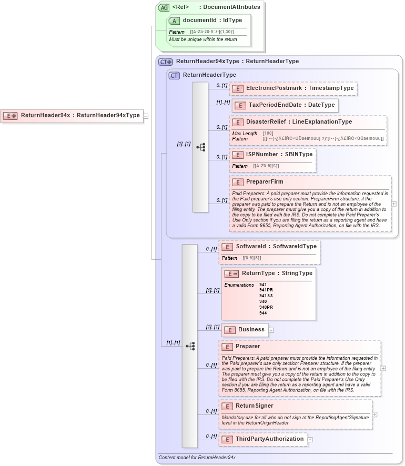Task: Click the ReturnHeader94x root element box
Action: coord(73,116)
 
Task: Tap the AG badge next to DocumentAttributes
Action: coord(164,7)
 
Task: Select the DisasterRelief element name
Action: coord(299,122)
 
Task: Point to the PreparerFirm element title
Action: coord(265,182)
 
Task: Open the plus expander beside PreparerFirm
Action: coord(394,204)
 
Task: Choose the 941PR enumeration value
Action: coord(266,290)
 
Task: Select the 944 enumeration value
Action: coord(264,313)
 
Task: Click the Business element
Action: coord(251,330)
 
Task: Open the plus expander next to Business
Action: coord(271,330)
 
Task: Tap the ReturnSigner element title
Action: coord(254,406)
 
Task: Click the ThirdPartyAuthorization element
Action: coord(269,439)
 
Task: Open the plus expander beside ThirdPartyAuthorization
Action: coord(310,440)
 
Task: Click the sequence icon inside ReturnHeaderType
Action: coord(200,147)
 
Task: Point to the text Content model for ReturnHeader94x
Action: coord(197,458)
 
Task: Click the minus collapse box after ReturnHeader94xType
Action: coord(146,116)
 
